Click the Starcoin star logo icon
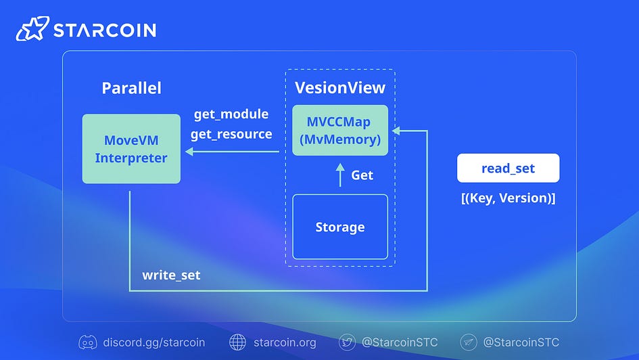tap(31, 29)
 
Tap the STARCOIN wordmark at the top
tap(104, 30)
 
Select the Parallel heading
tap(131, 88)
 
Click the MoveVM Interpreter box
tap(131, 149)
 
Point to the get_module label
tap(231, 114)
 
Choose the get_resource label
tap(231, 134)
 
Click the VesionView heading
tap(340, 87)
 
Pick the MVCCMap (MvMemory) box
tap(340, 131)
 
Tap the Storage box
tap(340, 227)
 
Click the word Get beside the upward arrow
tap(362, 175)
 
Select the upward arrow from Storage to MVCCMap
tap(340, 175)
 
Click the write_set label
tap(171, 275)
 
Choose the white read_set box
tap(508, 168)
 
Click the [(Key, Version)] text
tap(508, 198)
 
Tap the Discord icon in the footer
tap(88, 342)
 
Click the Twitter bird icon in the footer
tap(347, 342)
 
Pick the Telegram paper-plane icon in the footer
tap(469, 342)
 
